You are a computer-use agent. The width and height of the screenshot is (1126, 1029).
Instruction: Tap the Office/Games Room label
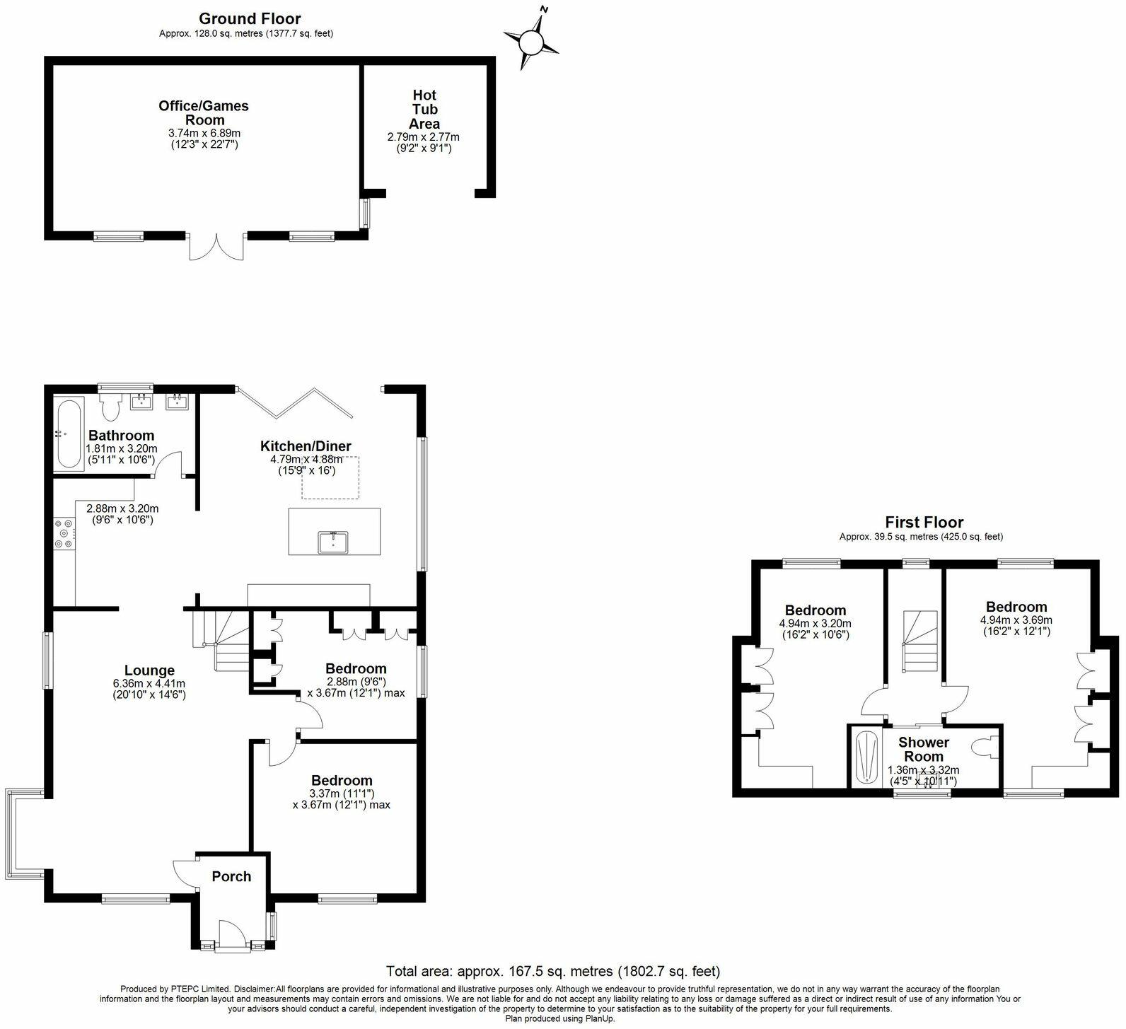204,113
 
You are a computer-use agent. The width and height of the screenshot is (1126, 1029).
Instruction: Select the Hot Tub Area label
424,109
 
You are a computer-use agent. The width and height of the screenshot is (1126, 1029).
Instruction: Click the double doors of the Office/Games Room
218,245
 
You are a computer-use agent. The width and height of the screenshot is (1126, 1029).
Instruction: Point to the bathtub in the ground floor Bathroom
69,434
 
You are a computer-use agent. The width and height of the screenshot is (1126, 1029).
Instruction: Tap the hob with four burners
64,534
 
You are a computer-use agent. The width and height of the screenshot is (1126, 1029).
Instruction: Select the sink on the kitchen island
333,542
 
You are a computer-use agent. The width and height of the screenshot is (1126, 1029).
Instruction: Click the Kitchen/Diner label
306,446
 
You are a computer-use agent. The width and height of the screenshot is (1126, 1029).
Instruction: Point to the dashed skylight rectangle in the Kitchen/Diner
330,477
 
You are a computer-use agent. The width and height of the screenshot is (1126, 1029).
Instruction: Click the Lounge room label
149,670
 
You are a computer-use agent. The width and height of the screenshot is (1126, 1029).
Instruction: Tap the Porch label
231,876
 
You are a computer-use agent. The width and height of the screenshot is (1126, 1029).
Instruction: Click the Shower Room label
924,749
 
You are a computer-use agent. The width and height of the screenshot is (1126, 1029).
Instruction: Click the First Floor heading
924,523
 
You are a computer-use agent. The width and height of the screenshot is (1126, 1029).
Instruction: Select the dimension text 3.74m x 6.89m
204,133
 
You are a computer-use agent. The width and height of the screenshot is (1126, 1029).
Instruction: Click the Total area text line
553,971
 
